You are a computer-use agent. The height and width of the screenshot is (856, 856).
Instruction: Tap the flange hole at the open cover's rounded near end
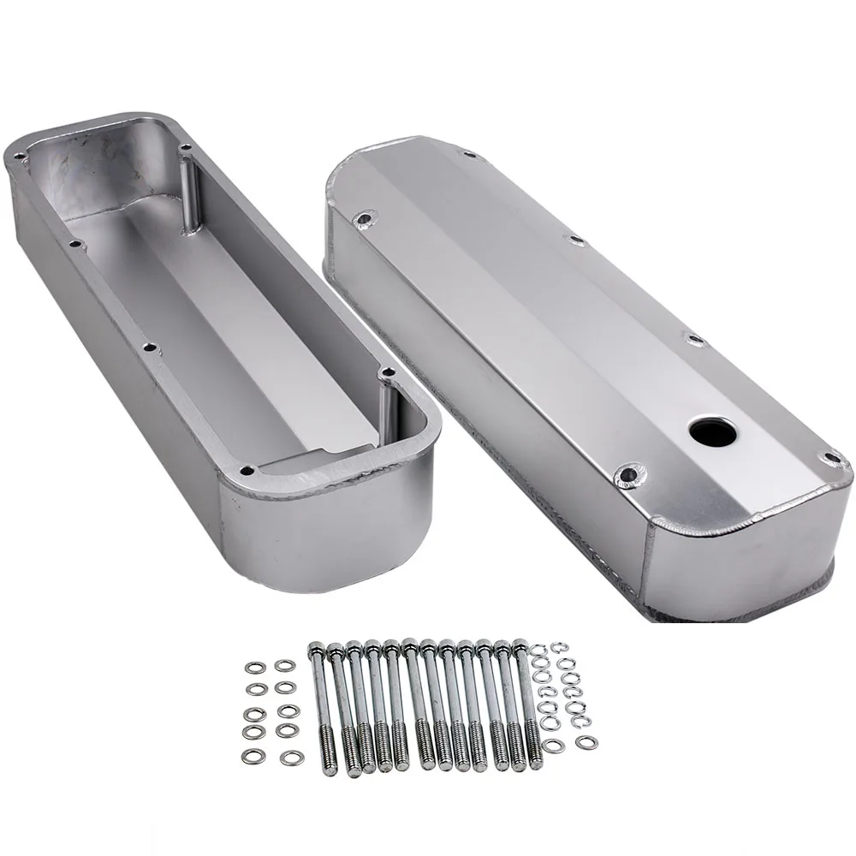pyautogui.click(x=248, y=470)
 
